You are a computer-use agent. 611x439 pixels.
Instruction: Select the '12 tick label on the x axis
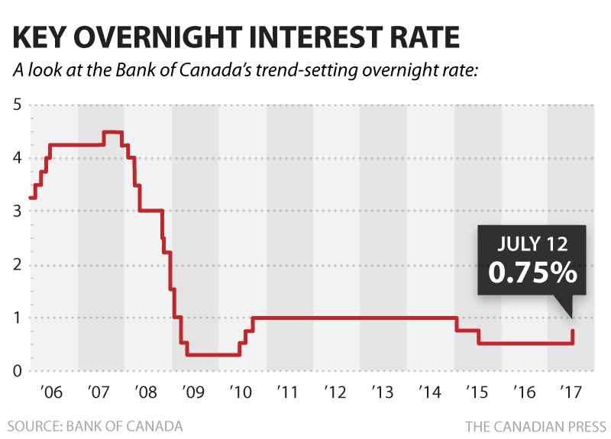(336, 393)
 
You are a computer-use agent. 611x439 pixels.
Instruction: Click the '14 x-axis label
(430, 393)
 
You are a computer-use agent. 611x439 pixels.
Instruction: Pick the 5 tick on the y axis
(16, 105)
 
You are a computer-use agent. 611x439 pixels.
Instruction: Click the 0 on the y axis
(16, 372)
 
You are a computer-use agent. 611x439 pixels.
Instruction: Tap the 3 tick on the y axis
(16, 211)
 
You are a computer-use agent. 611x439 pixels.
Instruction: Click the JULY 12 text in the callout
(532, 244)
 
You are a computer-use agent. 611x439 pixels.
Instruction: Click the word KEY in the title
(44, 37)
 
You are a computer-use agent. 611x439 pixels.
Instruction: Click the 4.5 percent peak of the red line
(113, 132)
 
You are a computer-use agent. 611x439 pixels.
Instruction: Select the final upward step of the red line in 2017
(574, 336)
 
